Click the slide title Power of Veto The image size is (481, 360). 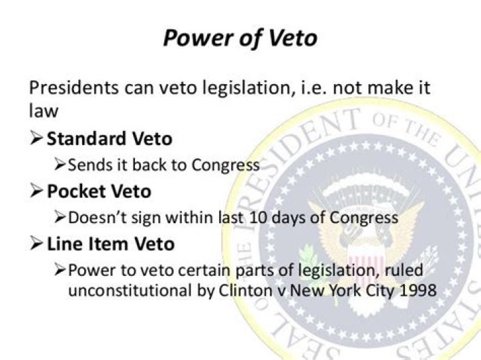[240, 38]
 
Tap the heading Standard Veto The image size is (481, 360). [109, 139]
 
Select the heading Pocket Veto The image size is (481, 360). [99, 191]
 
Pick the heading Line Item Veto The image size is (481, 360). [110, 244]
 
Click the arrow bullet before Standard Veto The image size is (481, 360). [36, 139]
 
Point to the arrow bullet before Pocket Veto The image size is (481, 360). [36, 191]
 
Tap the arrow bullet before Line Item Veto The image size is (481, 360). [36, 244]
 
